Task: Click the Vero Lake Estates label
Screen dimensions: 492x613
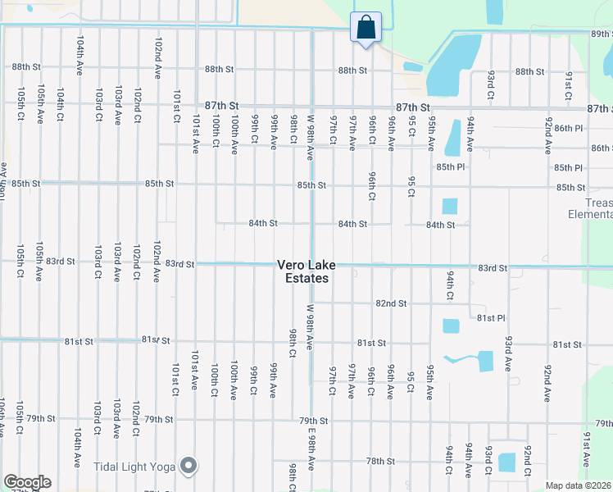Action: [303, 271]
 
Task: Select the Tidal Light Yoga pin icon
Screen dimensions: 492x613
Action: [189, 467]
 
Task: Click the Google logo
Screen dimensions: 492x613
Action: [27, 482]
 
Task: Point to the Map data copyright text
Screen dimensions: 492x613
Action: [578, 485]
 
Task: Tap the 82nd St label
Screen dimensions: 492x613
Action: [391, 303]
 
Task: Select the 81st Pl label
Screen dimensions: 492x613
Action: [490, 317]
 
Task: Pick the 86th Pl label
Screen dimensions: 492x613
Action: [568, 128]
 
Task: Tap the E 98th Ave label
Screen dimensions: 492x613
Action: [311, 449]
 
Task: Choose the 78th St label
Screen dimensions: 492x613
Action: [380, 462]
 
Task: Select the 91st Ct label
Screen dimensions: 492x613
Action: [568, 84]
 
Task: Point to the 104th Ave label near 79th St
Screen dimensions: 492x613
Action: [77, 445]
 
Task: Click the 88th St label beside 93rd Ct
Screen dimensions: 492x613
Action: [529, 72]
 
